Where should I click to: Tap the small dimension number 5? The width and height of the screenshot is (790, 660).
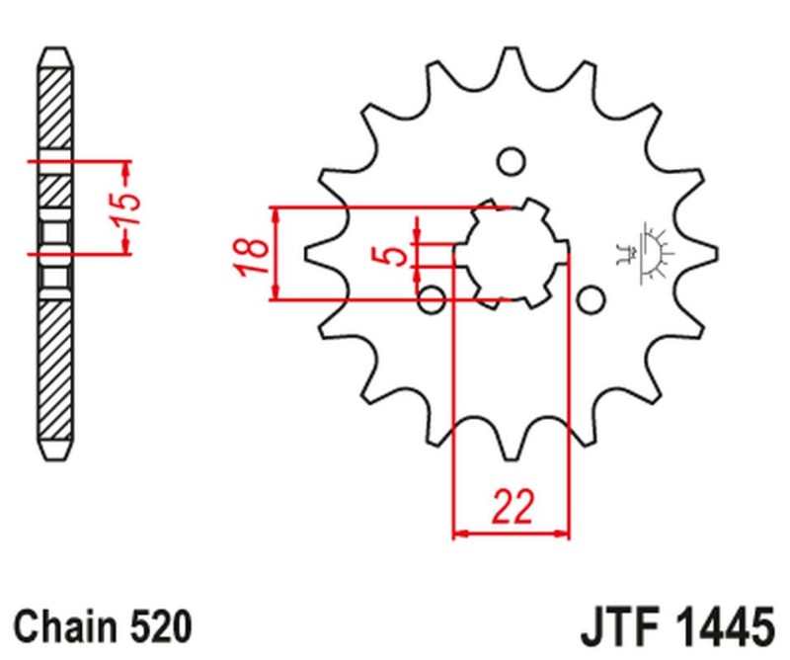(x=394, y=256)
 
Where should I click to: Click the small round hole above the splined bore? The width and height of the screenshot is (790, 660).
(x=511, y=161)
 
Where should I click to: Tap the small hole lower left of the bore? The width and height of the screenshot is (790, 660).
(x=432, y=298)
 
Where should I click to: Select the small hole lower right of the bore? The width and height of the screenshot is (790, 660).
(x=590, y=298)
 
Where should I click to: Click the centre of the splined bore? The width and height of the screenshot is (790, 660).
(x=511, y=253)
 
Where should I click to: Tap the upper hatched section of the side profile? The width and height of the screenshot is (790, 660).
(x=55, y=109)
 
